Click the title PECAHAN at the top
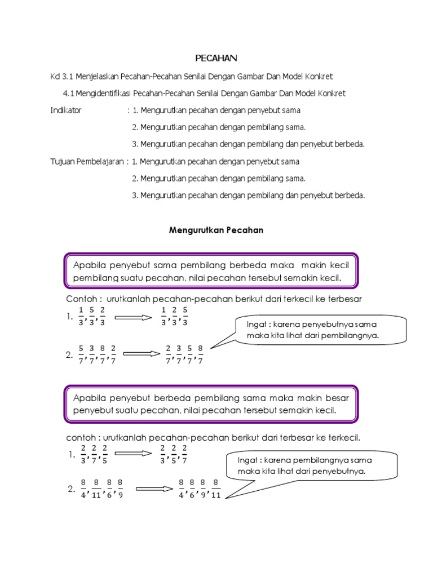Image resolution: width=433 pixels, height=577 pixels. coord(216,58)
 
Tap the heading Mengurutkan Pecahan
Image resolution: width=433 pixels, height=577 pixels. coord(216,230)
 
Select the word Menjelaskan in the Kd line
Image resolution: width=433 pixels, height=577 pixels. coord(103,76)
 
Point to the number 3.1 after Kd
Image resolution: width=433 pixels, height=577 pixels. coord(68,76)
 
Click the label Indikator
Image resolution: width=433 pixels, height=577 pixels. coord(66,110)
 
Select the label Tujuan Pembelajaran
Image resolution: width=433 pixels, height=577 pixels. coord(87,162)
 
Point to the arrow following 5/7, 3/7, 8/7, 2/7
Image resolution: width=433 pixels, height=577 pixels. coord(142,354)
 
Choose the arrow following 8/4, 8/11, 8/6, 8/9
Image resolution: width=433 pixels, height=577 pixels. coord(153,489)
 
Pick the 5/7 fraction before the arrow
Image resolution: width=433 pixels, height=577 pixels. coord(81,355)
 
